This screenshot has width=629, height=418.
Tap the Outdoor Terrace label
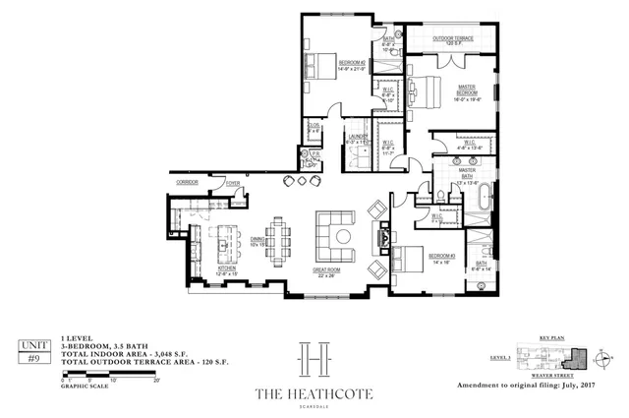[453, 40]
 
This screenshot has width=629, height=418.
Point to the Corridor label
[188, 183]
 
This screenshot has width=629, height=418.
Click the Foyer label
[233, 183]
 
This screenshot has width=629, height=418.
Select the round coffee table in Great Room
[342, 235]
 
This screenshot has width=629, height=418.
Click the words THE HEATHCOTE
[314, 394]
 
